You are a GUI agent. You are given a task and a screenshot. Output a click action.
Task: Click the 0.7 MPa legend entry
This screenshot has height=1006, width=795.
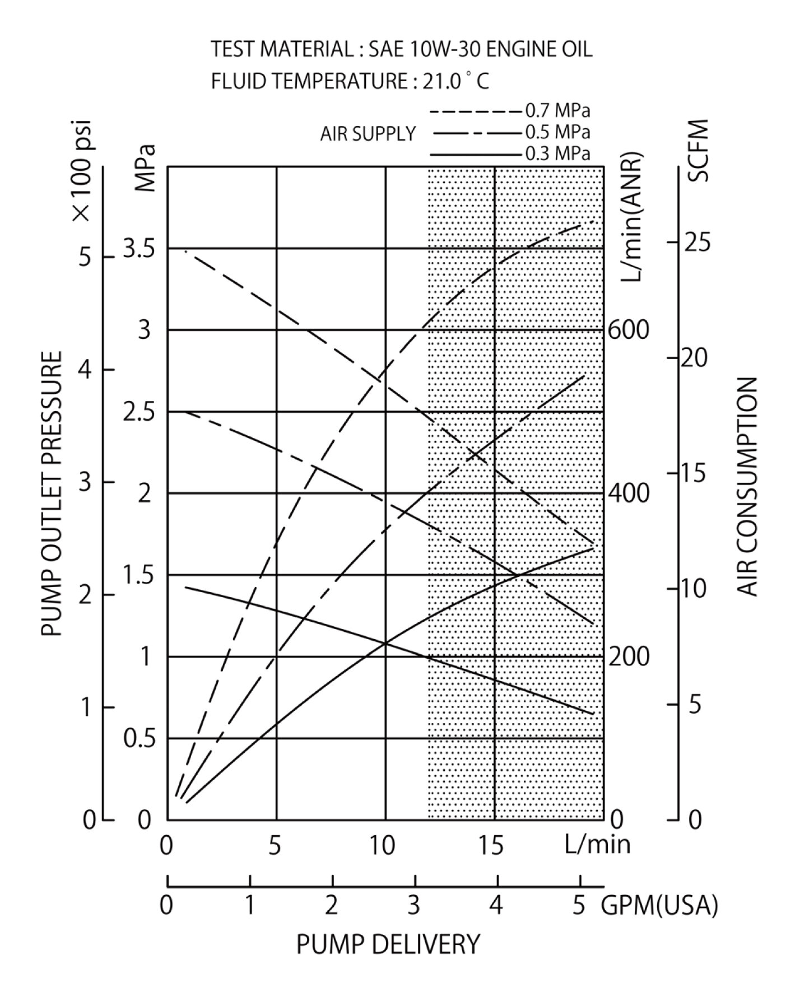click(557, 111)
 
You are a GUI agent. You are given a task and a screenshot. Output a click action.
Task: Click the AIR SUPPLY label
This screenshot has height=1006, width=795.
click(368, 134)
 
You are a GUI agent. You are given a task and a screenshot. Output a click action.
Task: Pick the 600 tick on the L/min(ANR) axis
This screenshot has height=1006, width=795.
click(629, 330)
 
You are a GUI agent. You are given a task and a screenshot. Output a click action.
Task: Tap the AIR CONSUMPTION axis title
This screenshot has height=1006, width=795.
click(747, 486)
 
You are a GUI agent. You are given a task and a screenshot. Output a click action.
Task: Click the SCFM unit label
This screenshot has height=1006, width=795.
click(699, 150)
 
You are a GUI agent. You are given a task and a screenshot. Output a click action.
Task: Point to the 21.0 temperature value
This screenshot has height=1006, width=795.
click(442, 82)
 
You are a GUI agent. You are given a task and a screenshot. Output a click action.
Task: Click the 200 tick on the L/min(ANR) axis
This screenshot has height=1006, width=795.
click(629, 657)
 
